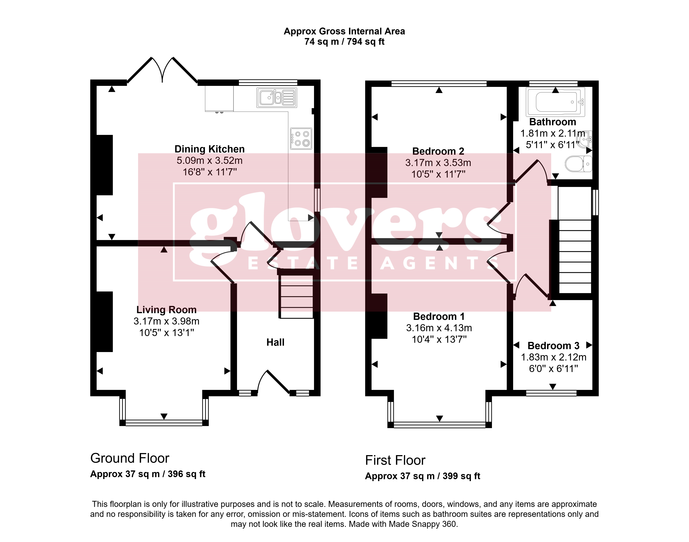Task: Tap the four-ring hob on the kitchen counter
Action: [x=301, y=139]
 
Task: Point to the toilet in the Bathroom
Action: [x=578, y=164]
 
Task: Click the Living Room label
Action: [x=166, y=310]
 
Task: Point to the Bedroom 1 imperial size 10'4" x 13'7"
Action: [x=439, y=339]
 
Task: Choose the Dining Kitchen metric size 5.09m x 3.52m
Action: [x=210, y=161]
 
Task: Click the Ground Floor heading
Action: [x=130, y=458]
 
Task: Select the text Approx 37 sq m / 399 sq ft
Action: [x=423, y=476]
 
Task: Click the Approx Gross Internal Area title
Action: [x=344, y=31]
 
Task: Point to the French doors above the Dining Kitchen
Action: [x=162, y=70]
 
